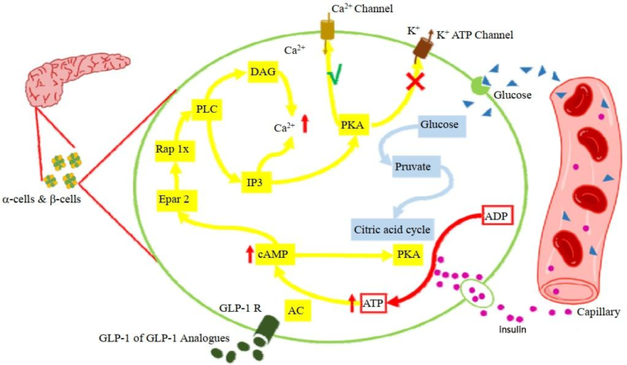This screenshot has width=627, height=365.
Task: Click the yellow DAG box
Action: (x=263, y=72)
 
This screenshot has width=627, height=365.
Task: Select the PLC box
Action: (x=207, y=109)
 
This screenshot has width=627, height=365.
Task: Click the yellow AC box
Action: (x=297, y=310)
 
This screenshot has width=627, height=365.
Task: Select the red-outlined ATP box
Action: (x=373, y=303)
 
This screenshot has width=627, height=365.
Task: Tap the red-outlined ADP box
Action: (x=497, y=216)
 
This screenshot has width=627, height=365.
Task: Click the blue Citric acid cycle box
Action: (x=393, y=229)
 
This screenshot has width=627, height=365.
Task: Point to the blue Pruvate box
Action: (x=412, y=167)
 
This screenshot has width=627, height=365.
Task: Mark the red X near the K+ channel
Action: (x=415, y=82)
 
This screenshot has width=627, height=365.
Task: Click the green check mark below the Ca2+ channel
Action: (x=335, y=76)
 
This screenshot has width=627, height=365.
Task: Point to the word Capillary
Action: (x=598, y=312)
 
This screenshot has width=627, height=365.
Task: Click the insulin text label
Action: (x=512, y=329)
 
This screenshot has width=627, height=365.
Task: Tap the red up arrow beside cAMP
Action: (x=250, y=254)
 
